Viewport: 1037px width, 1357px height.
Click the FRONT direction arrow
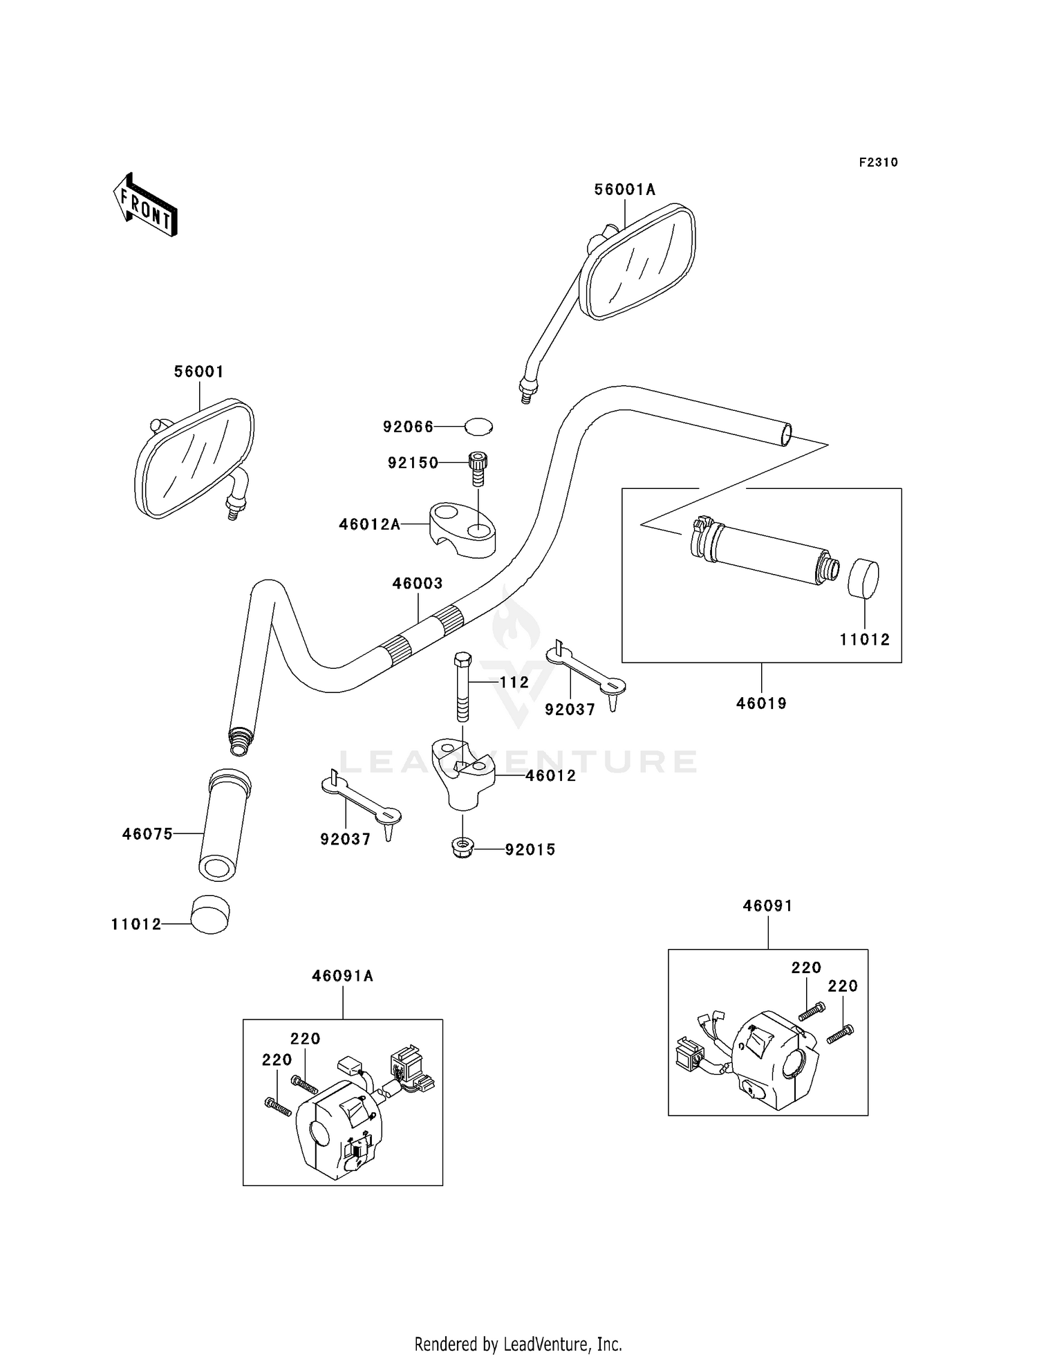click(145, 205)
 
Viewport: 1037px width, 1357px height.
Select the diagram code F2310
click(879, 162)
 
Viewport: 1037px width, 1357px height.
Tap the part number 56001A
click(625, 189)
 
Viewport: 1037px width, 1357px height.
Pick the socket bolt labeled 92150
click(478, 469)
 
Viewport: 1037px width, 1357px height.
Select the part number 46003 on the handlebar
click(418, 583)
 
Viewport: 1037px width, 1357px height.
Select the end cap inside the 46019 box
click(863, 578)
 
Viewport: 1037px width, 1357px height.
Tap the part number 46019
click(761, 703)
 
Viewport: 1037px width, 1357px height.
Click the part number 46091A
click(343, 976)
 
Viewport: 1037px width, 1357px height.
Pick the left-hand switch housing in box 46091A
click(339, 1129)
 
